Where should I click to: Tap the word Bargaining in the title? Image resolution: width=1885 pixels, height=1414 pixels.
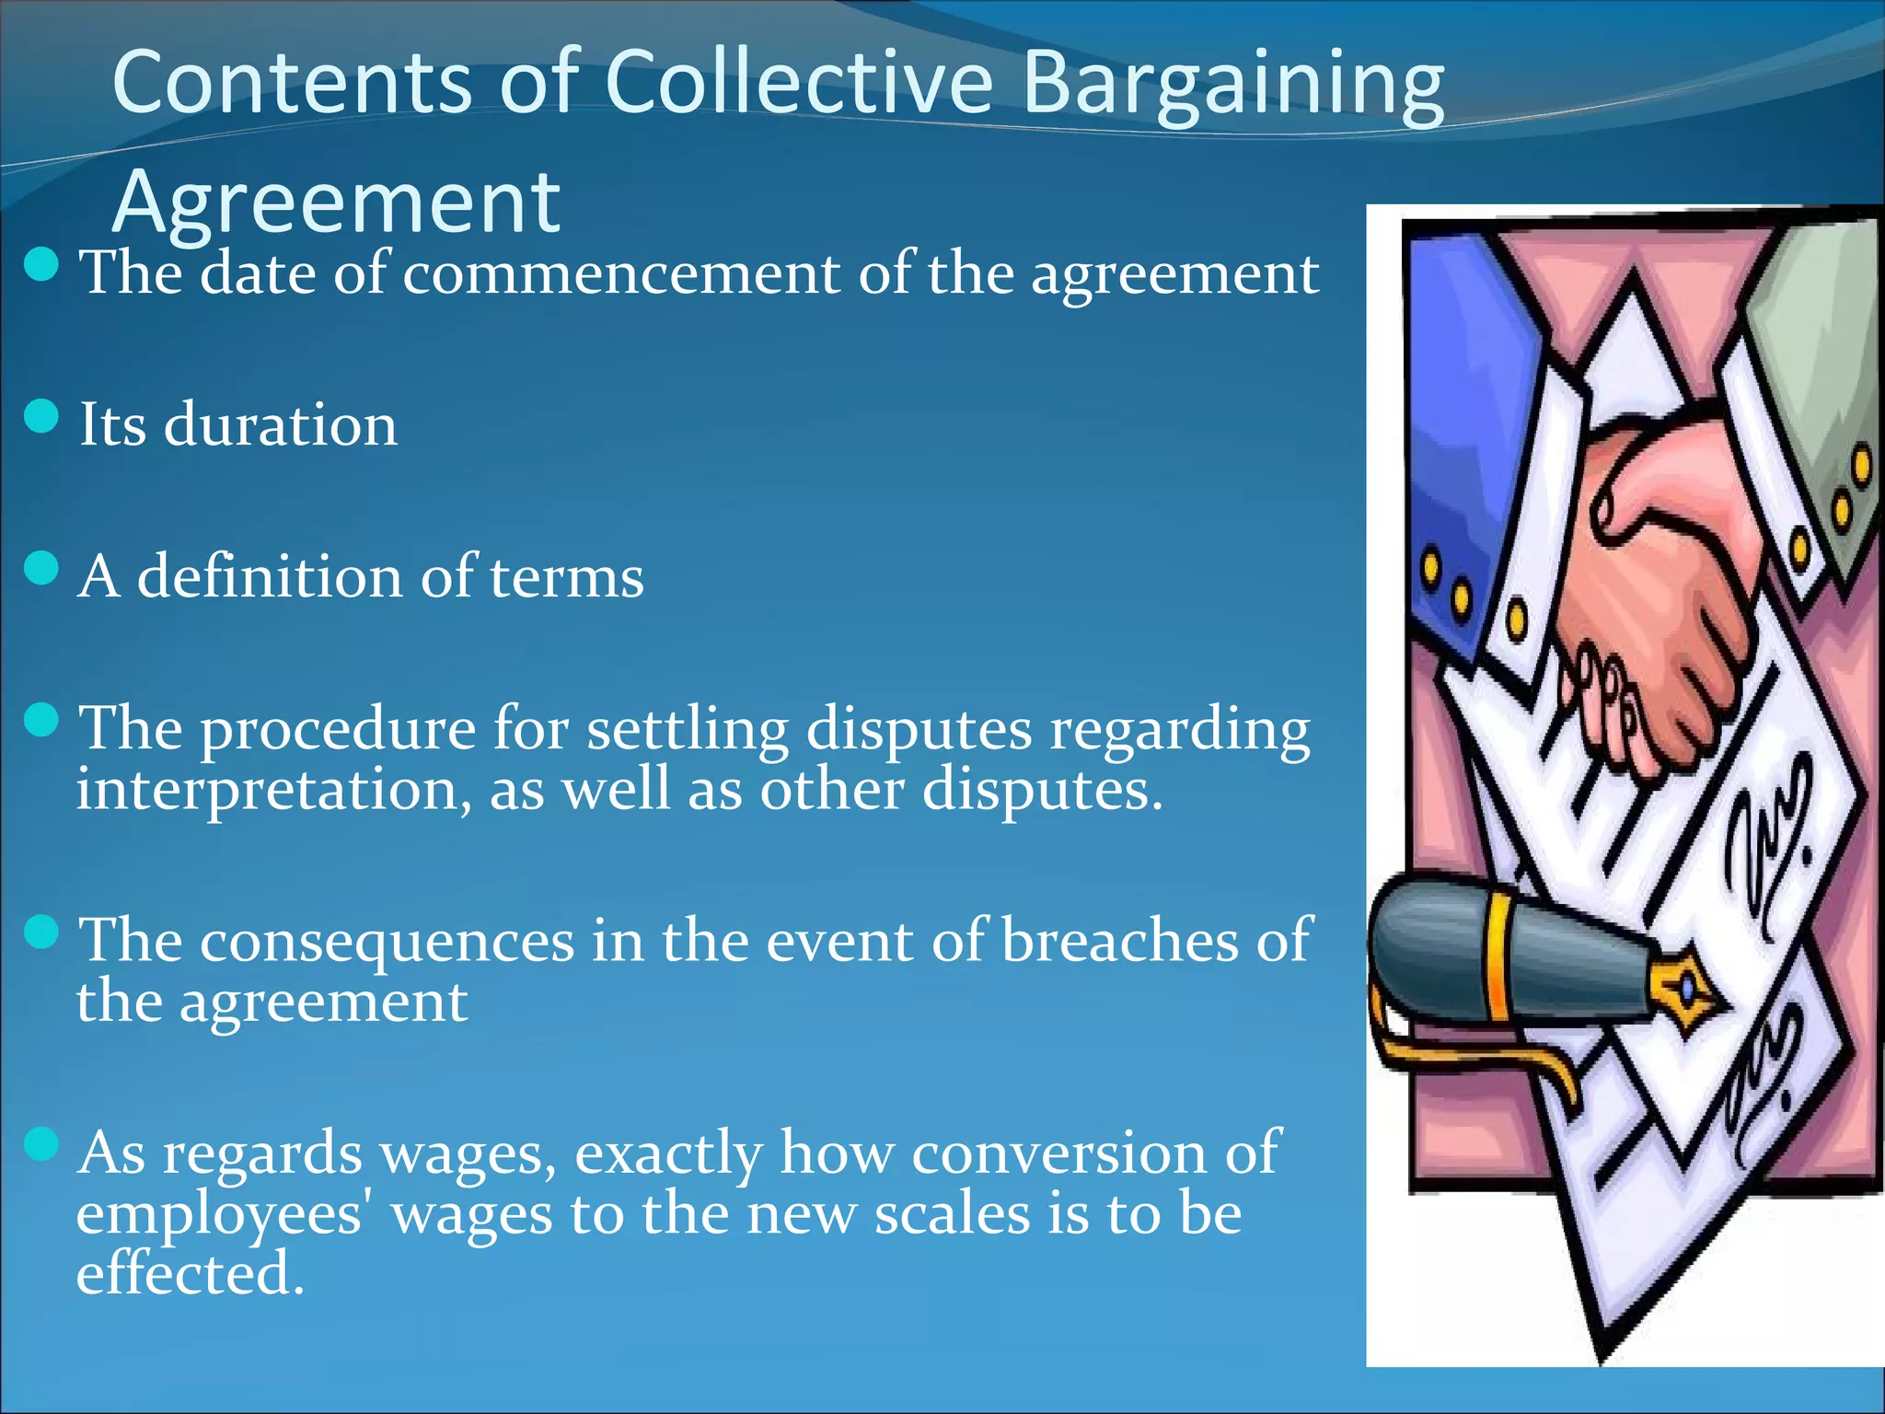(x=1233, y=85)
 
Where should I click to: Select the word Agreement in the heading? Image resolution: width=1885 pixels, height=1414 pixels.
(x=336, y=203)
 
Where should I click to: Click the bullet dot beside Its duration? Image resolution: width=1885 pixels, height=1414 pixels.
(x=41, y=416)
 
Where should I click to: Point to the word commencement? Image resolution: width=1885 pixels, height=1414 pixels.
(x=620, y=273)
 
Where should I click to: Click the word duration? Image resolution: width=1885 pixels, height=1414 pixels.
(x=280, y=425)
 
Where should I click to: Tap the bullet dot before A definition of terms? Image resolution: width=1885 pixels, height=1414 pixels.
(x=41, y=568)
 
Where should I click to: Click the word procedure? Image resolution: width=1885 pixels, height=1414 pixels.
(x=338, y=730)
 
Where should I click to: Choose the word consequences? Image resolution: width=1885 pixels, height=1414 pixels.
(x=387, y=941)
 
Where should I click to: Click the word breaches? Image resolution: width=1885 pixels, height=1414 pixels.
(x=1119, y=941)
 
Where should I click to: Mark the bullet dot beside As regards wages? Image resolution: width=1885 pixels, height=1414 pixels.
(x=41, y=1144)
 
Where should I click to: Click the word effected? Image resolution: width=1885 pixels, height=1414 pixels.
(x=190, y=1274)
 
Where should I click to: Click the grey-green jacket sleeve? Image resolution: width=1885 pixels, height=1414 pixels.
(x=1818, y=368)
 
